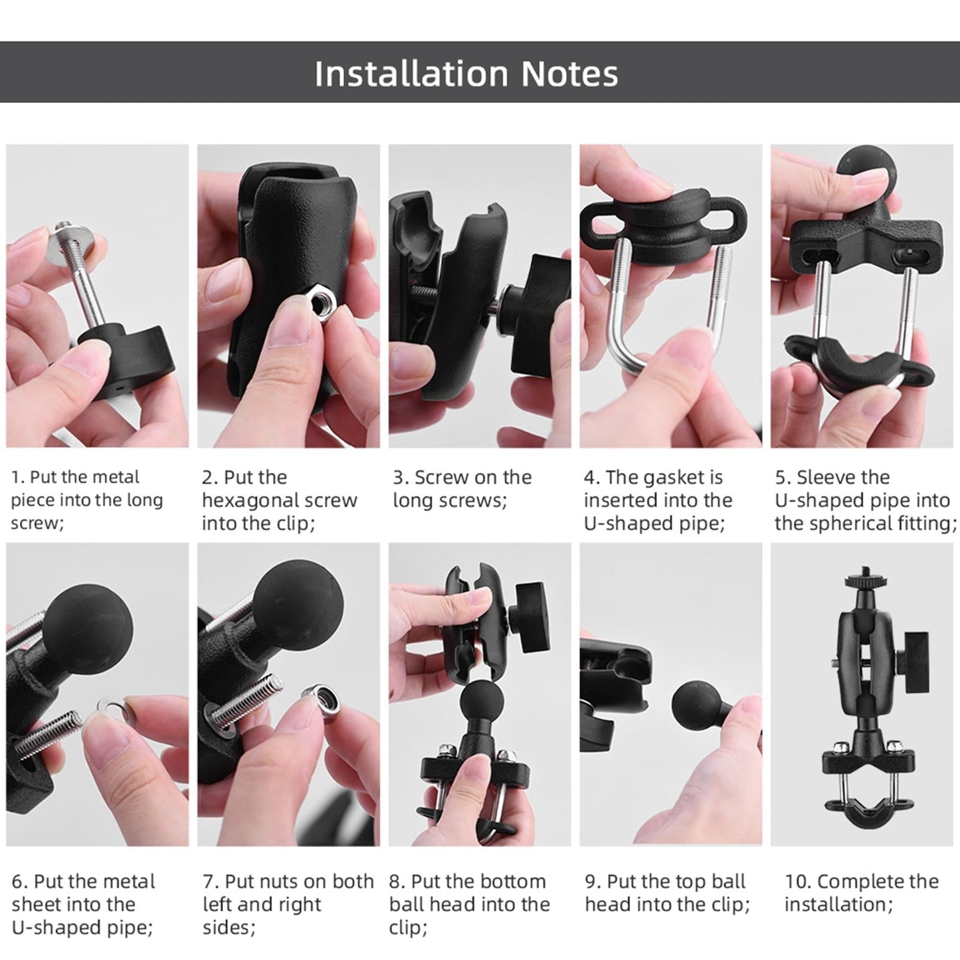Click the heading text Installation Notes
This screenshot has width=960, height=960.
[466, 73]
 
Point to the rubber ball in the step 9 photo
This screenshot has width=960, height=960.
[696, 708]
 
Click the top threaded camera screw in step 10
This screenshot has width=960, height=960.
[853, 569]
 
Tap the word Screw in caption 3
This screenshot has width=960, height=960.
[439, 477]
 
